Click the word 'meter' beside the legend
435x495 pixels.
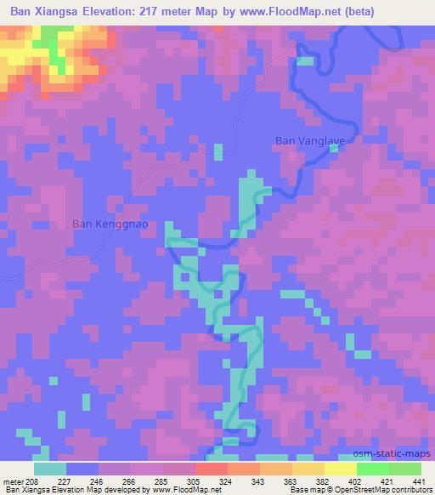[14, 481]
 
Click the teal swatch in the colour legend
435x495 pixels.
[50, 469]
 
